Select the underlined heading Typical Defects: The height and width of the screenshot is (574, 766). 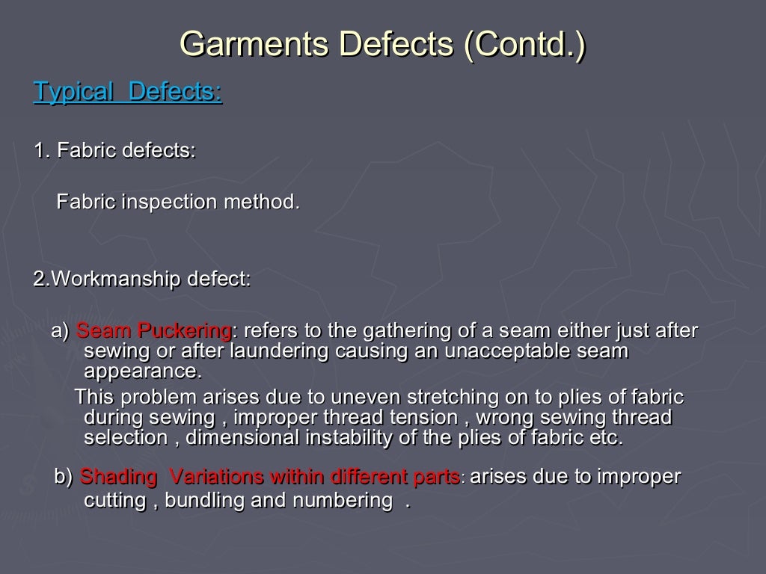coord(128,93)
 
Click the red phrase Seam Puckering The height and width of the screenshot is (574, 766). coord(154,330)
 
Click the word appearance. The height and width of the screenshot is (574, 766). coord(143,371)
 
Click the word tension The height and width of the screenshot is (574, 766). coord(420,417)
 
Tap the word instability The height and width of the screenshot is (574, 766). coord(344,437)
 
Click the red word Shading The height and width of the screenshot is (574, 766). coord(118,477)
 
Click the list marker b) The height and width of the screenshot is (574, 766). coord(64,477)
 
